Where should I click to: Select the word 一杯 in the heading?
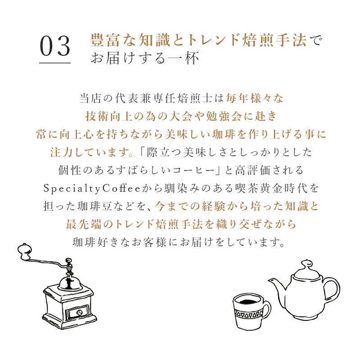185,58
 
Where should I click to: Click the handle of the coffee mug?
266,311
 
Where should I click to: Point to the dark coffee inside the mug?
246,300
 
